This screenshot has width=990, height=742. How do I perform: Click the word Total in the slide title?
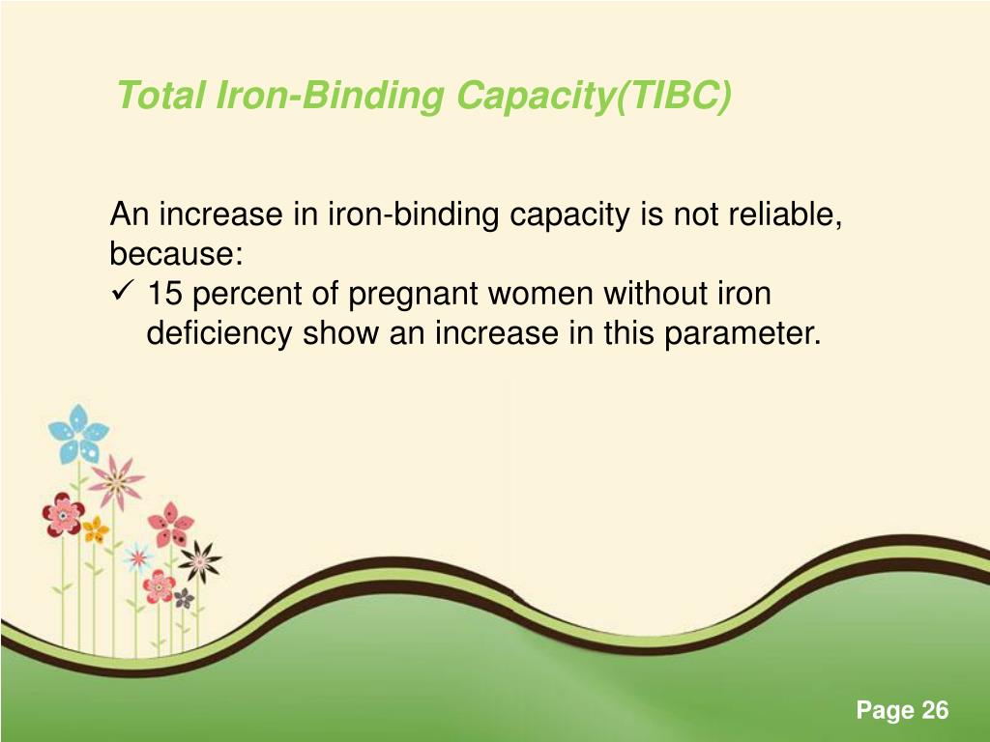(155, 97)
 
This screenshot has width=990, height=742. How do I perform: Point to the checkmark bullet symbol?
(122, 294)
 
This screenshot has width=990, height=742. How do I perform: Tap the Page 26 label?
(902, 711)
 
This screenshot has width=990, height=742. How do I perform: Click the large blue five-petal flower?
(78, 434)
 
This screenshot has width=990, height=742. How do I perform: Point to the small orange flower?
(95, 528)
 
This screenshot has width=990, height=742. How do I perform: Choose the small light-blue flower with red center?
(137, 556)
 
